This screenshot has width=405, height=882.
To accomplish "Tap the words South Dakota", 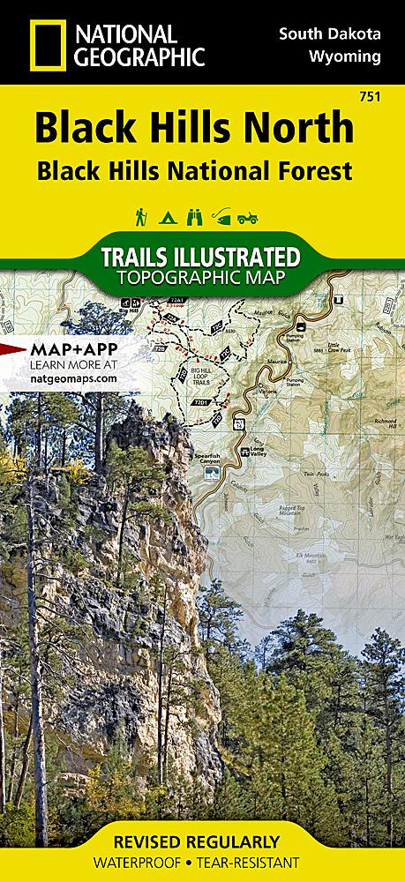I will [x=330, y=34].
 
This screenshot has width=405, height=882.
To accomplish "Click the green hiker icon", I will [x=140, y=215].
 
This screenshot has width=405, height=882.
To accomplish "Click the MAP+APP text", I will [x=61, y=346].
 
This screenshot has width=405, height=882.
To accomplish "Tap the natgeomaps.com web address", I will [x=61, y=377].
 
